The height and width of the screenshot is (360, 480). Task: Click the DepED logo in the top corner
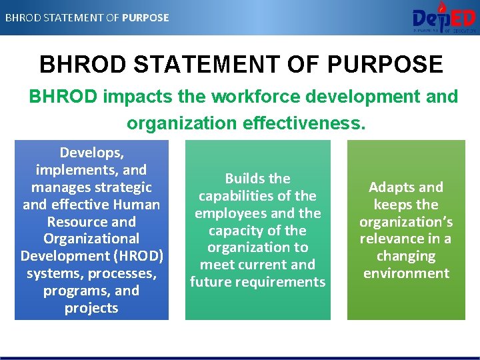pos(443,17)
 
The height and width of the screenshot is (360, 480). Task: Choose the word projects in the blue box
pos(91,308)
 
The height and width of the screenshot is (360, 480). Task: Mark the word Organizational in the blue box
pos(91,239)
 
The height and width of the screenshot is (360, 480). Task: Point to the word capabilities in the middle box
pos(238,196)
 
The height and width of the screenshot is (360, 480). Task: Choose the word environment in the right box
pos(406,273)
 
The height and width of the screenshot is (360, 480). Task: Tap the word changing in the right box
pos(406,256)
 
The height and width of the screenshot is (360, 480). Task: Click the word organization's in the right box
pos(406,222)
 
